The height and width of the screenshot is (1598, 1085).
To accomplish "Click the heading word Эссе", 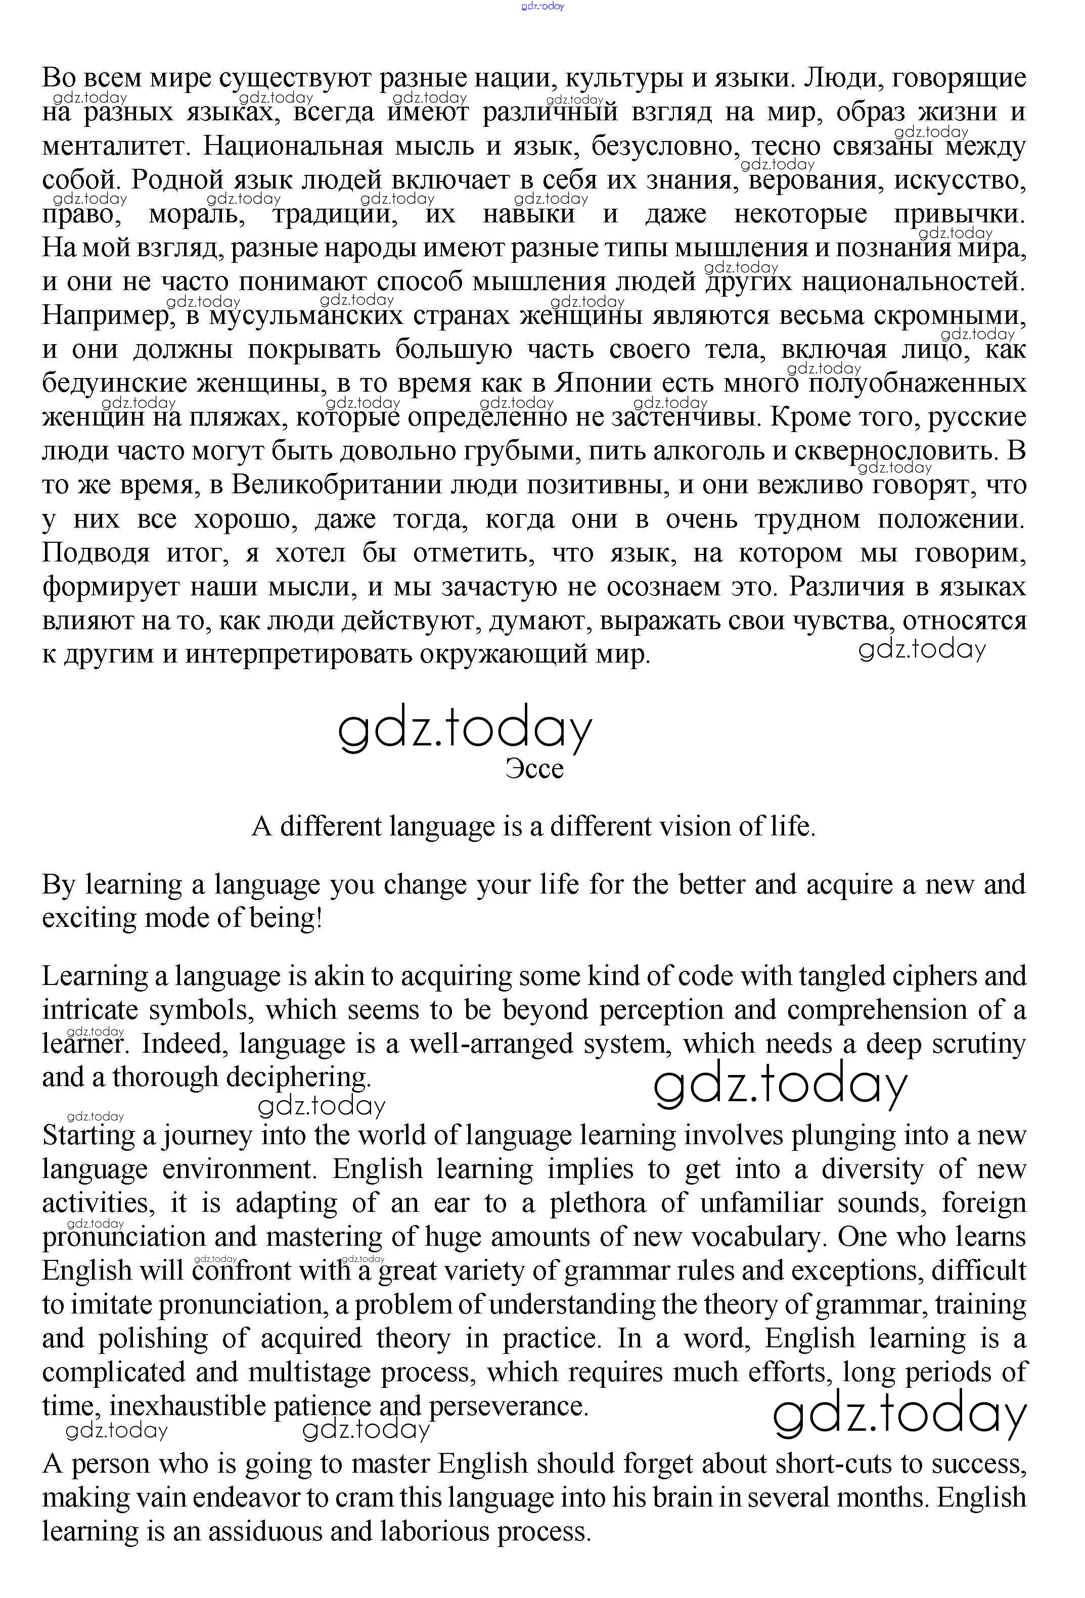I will click(534, 769).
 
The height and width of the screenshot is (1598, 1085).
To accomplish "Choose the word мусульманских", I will click(305, 316).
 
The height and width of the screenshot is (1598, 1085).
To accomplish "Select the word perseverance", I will click(509, 1406).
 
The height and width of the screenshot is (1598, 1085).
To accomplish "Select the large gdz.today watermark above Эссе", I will click(465, 729).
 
